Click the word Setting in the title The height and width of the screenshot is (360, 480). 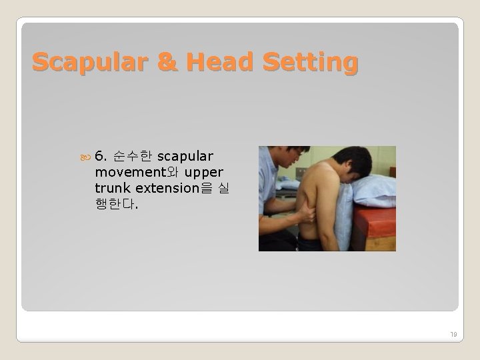[310, 63]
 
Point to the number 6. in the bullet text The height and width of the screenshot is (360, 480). [101, 157]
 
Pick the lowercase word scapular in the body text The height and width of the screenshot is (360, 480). [185, 157]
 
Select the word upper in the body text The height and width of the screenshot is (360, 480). [204, 172]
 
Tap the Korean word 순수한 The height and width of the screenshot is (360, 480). [133, 157]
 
